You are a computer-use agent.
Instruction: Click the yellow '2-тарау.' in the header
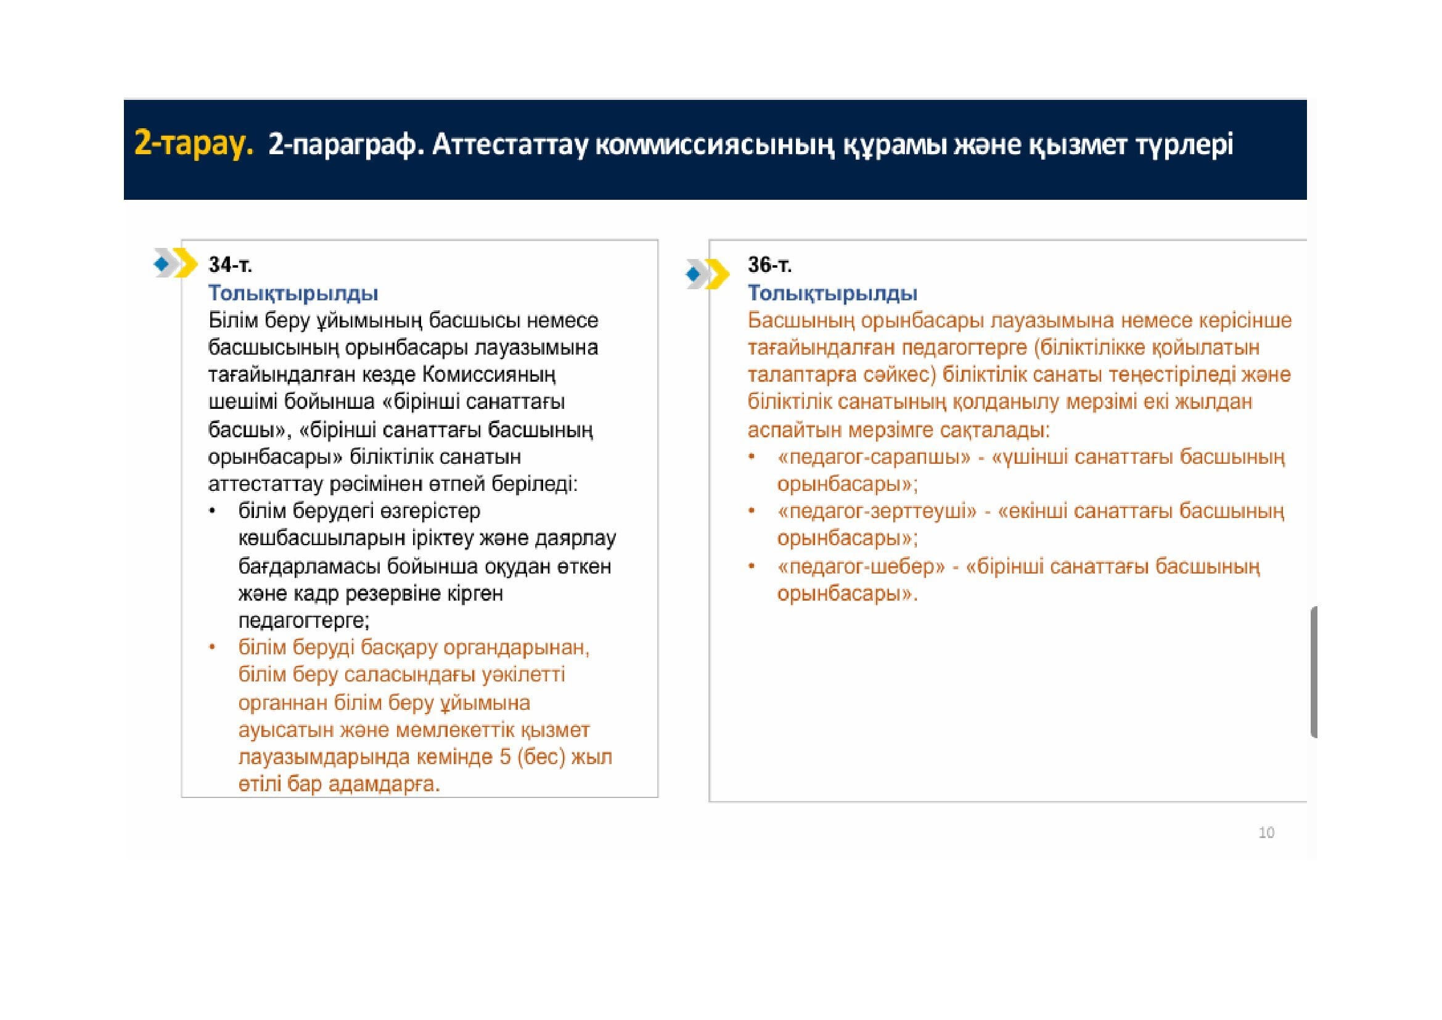click(194, 146)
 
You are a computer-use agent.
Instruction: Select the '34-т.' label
click(230, 266)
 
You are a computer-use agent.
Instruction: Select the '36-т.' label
click(769, 266)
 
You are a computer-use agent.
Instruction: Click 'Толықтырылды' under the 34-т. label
click(293, 294)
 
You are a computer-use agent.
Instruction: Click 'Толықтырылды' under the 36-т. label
click(832, 294)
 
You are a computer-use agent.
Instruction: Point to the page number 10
click(1266, 833)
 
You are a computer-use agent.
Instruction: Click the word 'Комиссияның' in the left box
click(490, 375)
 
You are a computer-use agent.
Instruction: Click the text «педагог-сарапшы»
click(874, 457)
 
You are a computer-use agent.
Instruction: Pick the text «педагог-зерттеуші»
click(877, 511)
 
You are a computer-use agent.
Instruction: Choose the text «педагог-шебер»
click(861, 567)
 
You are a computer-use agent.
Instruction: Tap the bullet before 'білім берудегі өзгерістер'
click(213, 511)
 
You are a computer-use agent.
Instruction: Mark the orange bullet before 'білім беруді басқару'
click(213, 647)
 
